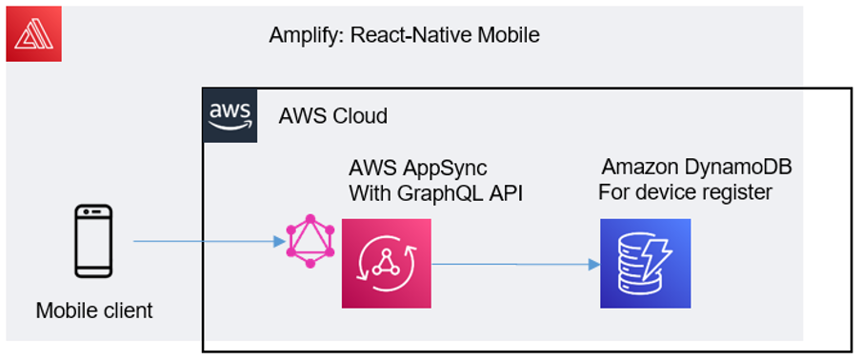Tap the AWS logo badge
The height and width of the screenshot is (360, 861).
point(230,116)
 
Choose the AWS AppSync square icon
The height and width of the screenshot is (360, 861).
point(386,263)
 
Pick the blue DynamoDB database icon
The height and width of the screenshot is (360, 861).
point(645,263)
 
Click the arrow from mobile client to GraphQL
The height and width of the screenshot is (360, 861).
point(210,241)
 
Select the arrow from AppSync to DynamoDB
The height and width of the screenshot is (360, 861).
point(514,265)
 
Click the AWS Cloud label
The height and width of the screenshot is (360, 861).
point(332,117)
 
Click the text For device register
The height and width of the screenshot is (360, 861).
point(685,193)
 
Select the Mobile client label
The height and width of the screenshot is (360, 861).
point(94,310)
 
